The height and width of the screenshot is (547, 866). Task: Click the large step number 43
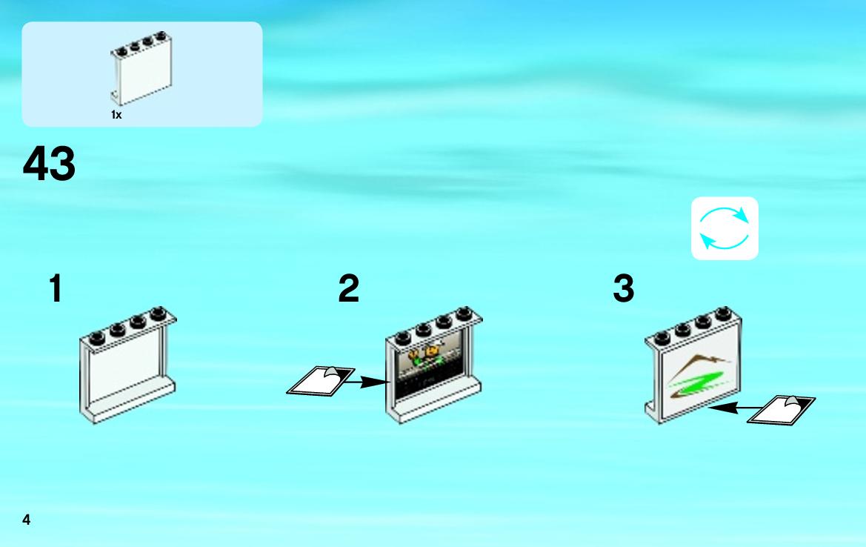(x=49, y=164)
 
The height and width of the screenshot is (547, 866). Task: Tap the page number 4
(x=26, y=520)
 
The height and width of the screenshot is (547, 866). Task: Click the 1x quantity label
(x=116, y=115)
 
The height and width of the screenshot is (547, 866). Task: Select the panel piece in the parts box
(x=141, y=68)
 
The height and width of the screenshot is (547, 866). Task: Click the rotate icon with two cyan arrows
(x=724, y=228)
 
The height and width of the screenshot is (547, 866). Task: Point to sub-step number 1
(x=56, y=288)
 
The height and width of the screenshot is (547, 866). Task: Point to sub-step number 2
(x=348, y=288)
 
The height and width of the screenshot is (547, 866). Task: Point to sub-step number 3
(x=624, y=288)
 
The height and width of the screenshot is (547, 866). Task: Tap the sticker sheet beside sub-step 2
(x=321, y=381)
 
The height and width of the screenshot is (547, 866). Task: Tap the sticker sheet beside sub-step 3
(x=781, y=410)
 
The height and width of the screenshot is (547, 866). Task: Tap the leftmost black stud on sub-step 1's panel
(x=96, y=338)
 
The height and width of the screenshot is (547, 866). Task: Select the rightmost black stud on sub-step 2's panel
(x=464, y=314)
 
